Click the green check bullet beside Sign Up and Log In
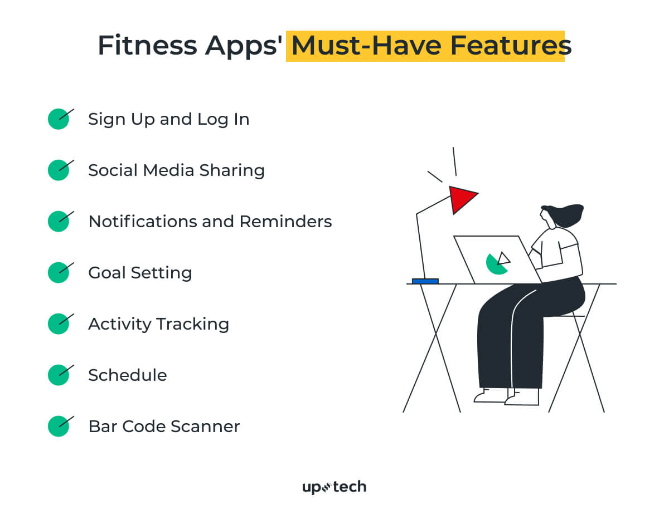58,119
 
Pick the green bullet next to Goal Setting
58,273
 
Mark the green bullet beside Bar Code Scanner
58,426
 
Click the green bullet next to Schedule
58,375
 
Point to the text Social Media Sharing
176,170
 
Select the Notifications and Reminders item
210,222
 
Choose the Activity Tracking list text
158,324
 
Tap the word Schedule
127,375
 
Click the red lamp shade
461,198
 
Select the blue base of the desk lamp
425,281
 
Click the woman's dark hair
566,215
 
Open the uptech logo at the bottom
334,488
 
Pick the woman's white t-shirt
560,251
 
